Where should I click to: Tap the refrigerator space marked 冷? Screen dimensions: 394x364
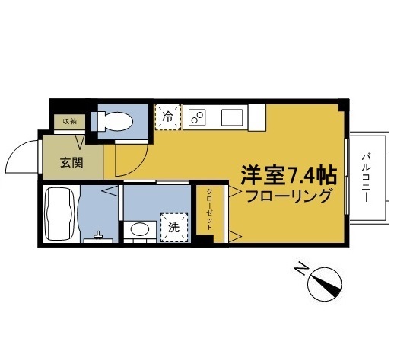168,117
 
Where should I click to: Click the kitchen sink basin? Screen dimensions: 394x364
232,117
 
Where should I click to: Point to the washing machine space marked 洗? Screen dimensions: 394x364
174,228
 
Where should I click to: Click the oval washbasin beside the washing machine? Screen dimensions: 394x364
140,229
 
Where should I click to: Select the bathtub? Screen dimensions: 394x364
59,214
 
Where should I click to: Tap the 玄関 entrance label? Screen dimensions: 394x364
71,162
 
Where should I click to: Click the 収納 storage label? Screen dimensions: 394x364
70,122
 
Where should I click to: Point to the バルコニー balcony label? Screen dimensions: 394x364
366,177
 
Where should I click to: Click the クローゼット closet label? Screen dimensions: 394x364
210,209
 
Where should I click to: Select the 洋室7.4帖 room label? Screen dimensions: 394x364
288,175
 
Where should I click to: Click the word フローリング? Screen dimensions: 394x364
288,196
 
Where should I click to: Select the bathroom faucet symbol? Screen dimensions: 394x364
98,235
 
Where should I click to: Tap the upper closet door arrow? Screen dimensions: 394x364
235,191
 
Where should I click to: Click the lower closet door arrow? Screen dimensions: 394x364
235,237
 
